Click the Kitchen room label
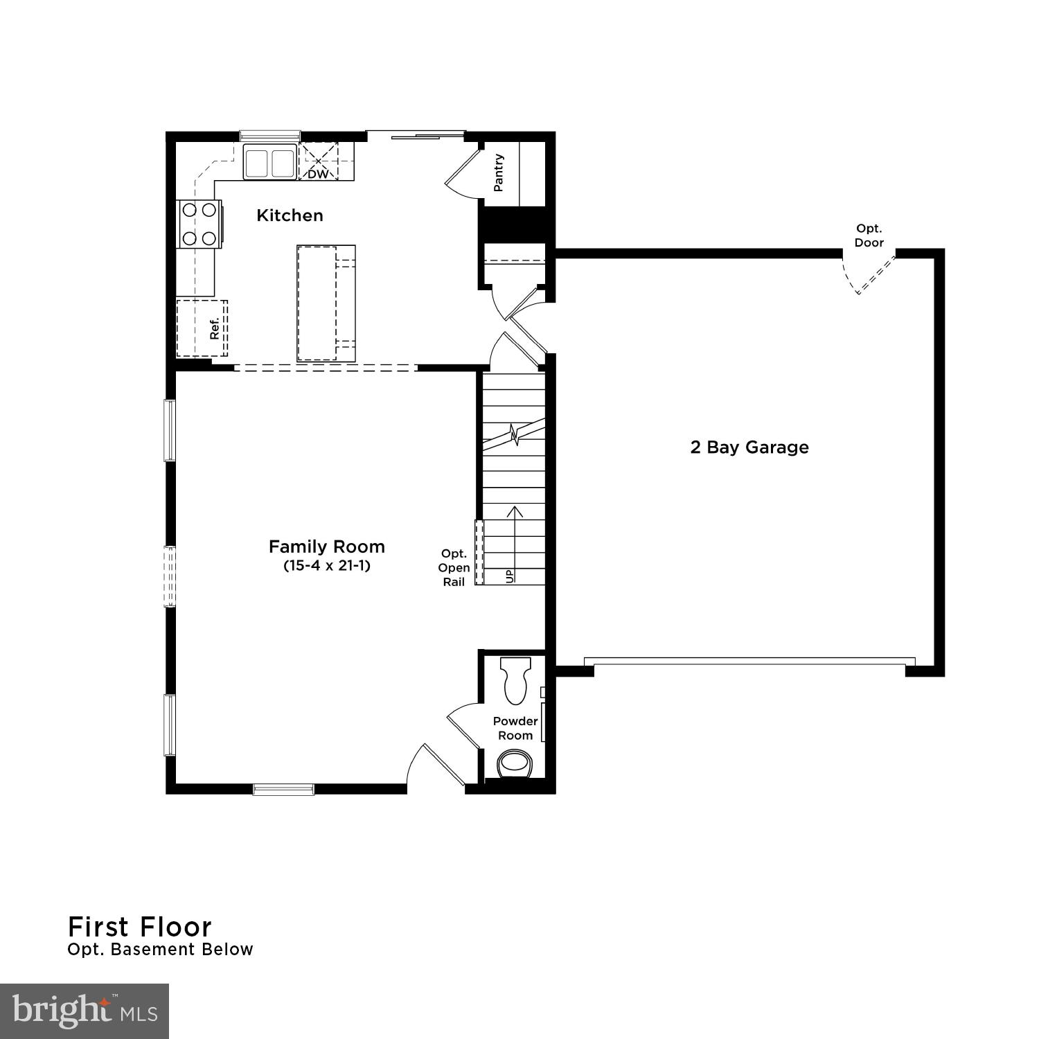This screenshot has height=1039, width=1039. (x=290, y=215)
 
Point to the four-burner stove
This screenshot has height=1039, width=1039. (x=199, y=224)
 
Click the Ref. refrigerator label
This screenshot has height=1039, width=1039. (x=214, y=328)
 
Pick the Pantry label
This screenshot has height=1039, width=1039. (x=499, y=172)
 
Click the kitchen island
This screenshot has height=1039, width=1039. (x=326, y=303)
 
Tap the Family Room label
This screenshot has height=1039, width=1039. (x=326, y=547)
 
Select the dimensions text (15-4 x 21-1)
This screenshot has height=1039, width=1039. (x=326, y=566)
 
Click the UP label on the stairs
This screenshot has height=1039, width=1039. (x=510, y=576)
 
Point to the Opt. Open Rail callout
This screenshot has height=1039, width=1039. (x=454, y=568)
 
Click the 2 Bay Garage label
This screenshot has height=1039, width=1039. (x=749, y=447)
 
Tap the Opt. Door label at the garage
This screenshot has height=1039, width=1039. (x=869, y=236)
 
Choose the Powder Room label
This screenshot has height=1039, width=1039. (x=515, y=728)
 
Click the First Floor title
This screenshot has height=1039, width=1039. (x=140, y=927)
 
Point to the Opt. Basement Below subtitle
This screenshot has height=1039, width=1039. (x=160, y=950)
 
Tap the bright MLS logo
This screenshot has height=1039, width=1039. (x=84, y=1011)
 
